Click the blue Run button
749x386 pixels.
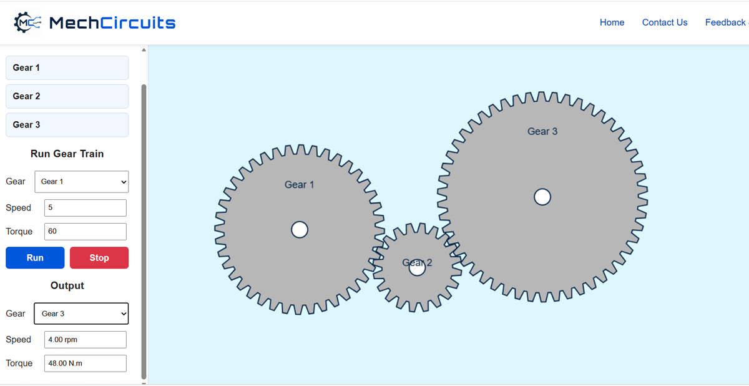pyautogui.click(x=35, y=257)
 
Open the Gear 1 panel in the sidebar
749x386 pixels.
pyautogui.click(x=67, y=67)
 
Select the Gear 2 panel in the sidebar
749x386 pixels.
pyautogui.click(x=67, y=96)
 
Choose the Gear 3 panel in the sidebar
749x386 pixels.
pyautogui.click(x=67, y=125)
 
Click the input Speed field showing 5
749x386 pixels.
pyautogui.click(x=86, y=208)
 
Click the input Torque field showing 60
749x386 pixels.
pyautogui.click(x=86, y=232)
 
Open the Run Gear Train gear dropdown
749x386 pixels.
pyautogui.click(x=82, y=182)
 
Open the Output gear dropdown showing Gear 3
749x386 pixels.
pyautogui.click(x=81, y=314)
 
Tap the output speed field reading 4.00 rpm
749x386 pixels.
pyautogui.click(x=86, y=340)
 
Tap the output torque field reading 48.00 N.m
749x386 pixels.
pyautogui.click(x=86, y=364)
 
